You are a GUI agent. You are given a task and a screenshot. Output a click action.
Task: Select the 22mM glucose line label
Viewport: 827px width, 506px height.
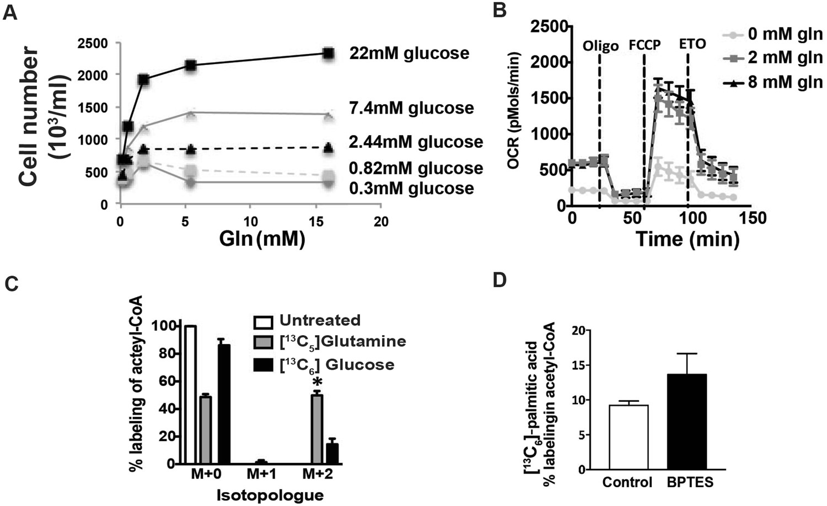(x=409, y=53)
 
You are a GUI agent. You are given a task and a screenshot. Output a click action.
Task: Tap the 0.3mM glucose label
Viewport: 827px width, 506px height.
(x=411, y=189)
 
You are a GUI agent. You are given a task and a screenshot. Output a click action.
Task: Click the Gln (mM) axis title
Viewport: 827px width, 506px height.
(x=262, y=239)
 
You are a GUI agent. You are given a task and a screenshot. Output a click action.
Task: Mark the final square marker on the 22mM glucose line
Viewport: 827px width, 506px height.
(x=329, y=53)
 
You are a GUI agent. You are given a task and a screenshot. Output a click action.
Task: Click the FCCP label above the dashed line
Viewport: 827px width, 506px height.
(x=645, y=44)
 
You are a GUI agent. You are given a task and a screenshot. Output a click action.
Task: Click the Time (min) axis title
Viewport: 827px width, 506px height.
(x=687, y=239)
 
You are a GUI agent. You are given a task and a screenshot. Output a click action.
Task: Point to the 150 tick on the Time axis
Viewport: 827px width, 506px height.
(x=752, y=218)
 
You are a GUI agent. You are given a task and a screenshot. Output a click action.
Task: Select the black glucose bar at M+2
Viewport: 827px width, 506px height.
(x=332, y=454)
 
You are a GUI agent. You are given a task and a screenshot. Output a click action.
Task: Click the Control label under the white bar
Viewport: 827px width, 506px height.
(x=627, y=482)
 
